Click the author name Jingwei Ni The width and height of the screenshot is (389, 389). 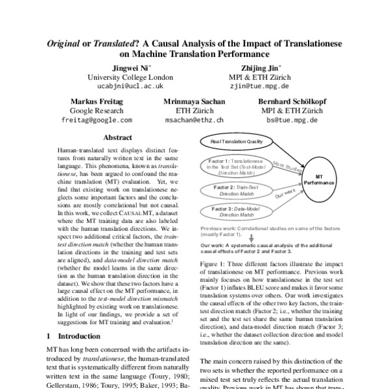130,67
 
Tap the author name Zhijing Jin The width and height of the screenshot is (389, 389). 260,67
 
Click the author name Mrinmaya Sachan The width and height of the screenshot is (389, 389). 194,102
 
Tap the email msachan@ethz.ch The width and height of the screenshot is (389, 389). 194,120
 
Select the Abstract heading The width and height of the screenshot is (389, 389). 119,137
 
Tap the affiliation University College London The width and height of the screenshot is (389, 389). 130,77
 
